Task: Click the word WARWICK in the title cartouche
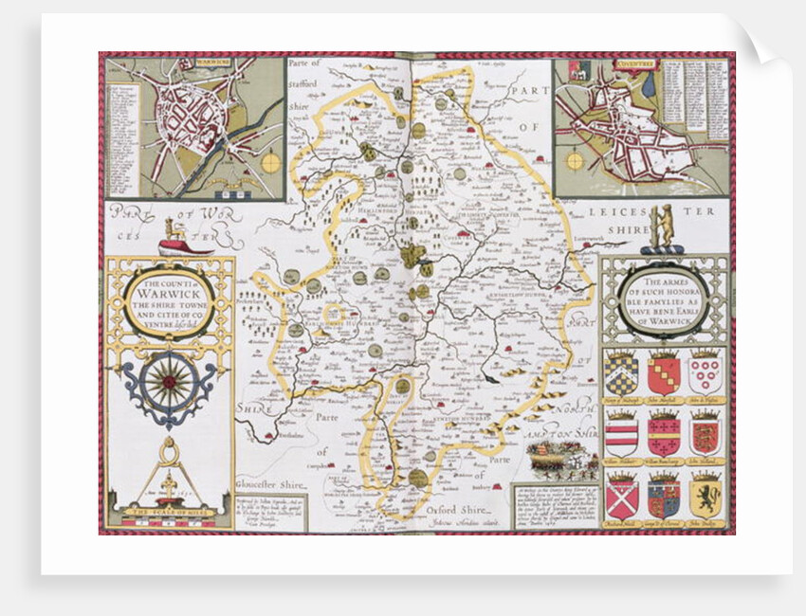(x=167, y=293)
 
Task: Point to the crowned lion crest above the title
(x=174, y=233)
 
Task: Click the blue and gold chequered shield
(x=621, y=373)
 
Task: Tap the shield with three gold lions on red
(x=705, y=434)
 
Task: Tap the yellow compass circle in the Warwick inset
(x=271, y=162)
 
